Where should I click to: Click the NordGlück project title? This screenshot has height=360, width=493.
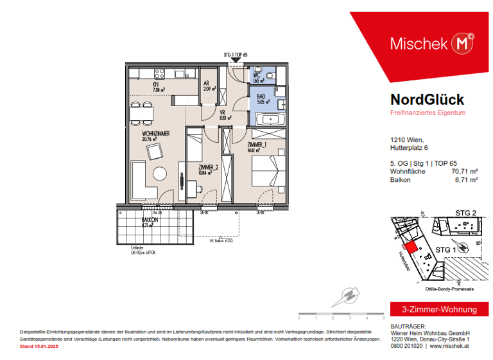(427, 100)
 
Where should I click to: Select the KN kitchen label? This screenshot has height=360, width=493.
(155, 85)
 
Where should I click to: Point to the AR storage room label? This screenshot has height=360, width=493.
(207, 84)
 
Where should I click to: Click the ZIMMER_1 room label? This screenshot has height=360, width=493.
(258, 146)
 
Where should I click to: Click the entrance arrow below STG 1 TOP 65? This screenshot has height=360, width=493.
(236, 60)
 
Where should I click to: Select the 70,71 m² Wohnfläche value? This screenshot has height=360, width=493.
(464, 172)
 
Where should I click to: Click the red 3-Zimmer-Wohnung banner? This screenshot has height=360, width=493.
(434, 310)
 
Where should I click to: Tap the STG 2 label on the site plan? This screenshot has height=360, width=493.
(465, 213)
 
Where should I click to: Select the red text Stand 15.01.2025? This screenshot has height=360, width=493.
(39, 346)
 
